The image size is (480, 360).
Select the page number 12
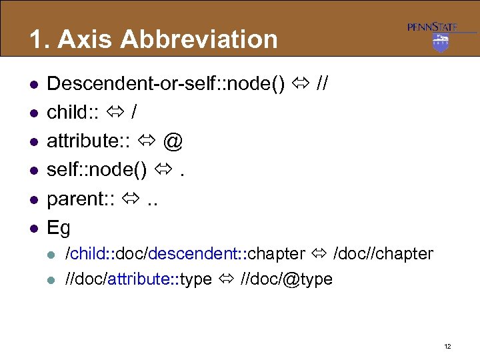(447, 346)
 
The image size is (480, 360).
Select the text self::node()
(97, 170)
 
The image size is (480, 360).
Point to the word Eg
(59, 228)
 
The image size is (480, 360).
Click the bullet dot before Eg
(32, 229)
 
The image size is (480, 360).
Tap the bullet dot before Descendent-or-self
(32, 84)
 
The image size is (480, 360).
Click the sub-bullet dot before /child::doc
(53, 254)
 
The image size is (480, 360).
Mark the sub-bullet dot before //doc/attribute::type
(53, 279)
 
